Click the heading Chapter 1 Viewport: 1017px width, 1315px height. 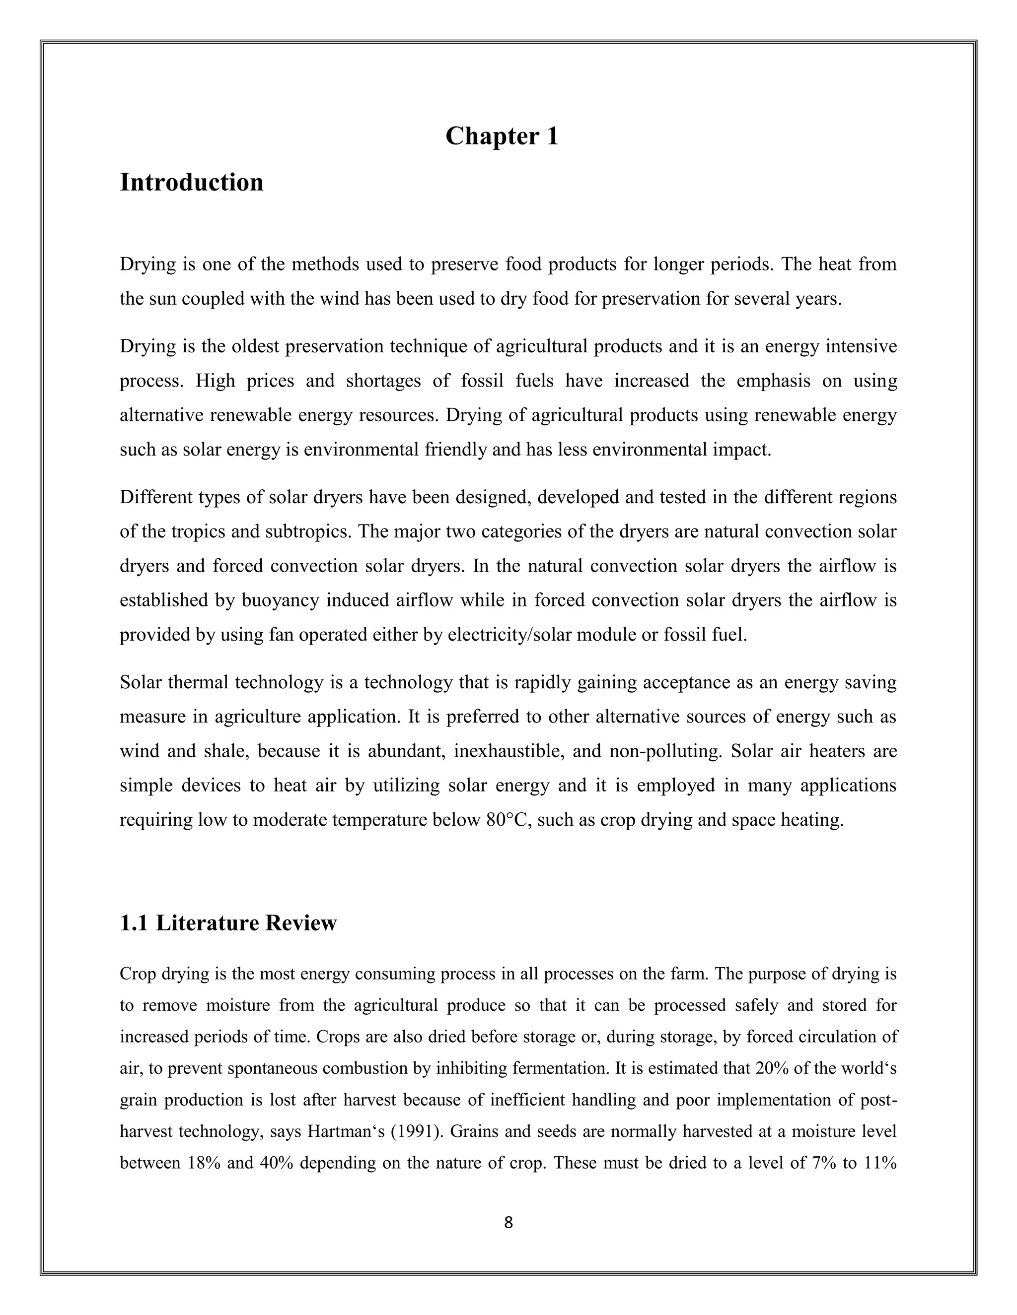(x=502, y=136)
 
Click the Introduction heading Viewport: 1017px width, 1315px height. (x=192, y=183)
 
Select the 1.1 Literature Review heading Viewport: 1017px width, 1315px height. (x=228, y=923)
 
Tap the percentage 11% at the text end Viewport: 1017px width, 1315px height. (x=880, y=1163)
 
